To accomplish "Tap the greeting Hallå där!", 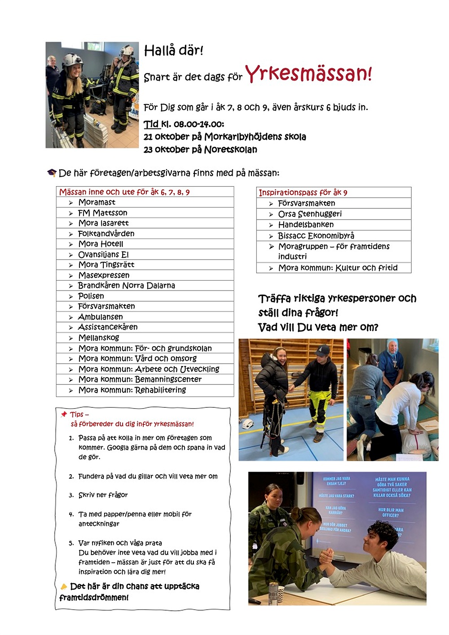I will tap(173, 51).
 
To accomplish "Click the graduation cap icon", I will tap(52, 173).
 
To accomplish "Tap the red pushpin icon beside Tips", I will tap(64, 414).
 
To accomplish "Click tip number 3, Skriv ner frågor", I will tap(103, 495).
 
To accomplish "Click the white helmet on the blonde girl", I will tap(73, 59).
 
